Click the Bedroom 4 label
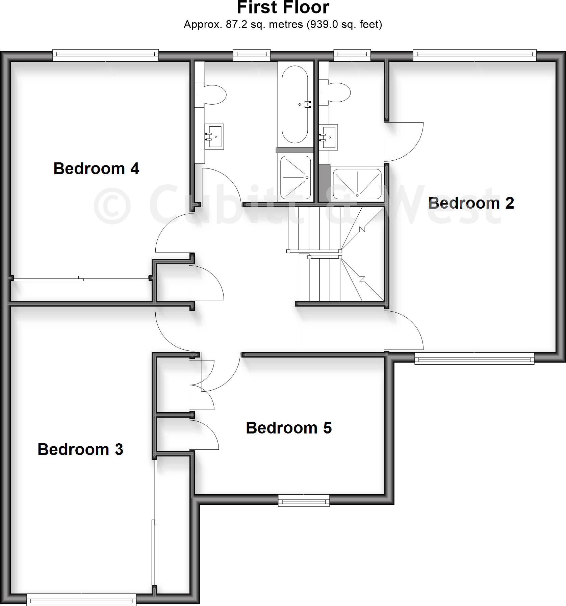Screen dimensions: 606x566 point(96,168)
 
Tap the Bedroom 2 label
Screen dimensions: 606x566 point(471,203)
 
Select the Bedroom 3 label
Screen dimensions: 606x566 point(80,449)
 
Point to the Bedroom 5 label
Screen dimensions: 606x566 point(289,428)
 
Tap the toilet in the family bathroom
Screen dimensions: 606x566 point(214,94)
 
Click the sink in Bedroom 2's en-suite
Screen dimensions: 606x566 point(328,137)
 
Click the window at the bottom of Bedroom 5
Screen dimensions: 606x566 point(304,501)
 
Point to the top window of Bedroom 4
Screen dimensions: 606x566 point(105,55)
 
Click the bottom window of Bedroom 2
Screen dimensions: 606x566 point(474,358)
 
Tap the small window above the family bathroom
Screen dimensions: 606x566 point(252,55)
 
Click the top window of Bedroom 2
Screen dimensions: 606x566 point(474,55)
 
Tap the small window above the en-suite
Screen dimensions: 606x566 point(352,55)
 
